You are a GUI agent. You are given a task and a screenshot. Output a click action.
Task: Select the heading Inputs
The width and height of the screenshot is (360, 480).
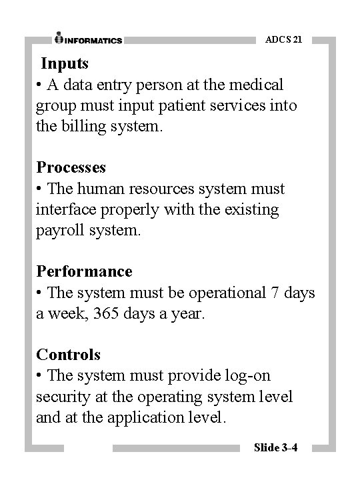pyautogui.click(x=65, y=64)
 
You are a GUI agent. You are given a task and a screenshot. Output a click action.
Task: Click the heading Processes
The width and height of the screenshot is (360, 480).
pyautogui.click(x=71, y=167)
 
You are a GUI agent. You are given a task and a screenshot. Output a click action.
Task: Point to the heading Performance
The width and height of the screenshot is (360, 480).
pyautogui.click(x=84, y=271)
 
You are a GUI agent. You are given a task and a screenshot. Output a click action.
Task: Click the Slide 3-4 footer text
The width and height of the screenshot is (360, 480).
pyautogui.click(x=275, y=447)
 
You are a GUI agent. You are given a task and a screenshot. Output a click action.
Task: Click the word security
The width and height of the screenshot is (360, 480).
pyautogui.click(x=63, y=397)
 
